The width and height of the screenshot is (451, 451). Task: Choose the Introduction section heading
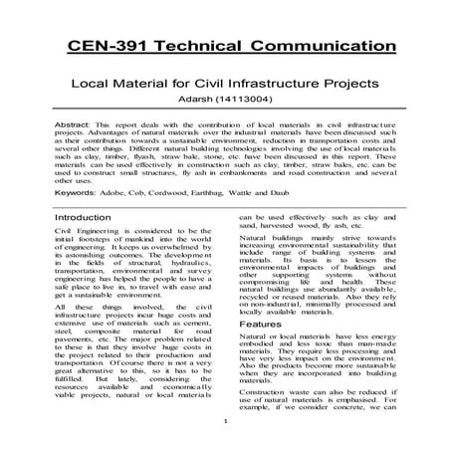84,244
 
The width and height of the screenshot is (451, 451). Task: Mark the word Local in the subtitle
87,86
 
